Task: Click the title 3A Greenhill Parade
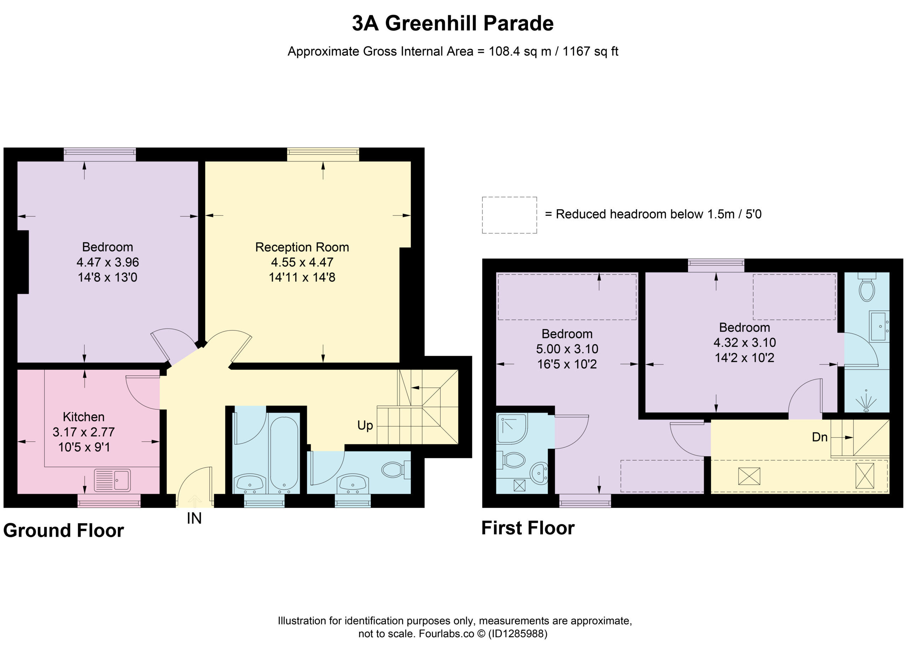tap(453, 23)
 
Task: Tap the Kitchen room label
tap(84, 417)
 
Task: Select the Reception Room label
tap(302, 247)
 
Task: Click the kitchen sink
tap(112, 480)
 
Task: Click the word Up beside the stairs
tap(365, 426)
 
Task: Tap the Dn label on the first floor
tap(820, 437)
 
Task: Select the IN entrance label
tap(194, 519)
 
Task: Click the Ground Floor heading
tap(63, 531)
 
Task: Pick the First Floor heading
tap(528, 528)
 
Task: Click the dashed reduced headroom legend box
tap(509, 215)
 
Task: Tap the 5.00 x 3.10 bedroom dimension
tap(567, 349)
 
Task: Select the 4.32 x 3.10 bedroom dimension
tap(745, 342)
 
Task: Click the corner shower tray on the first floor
tap(512, 429)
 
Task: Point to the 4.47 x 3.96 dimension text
tap(108, 262)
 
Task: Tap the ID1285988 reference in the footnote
tap(518, 633)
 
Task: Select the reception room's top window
tap(323, 154)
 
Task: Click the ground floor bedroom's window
tap(100, 154)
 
